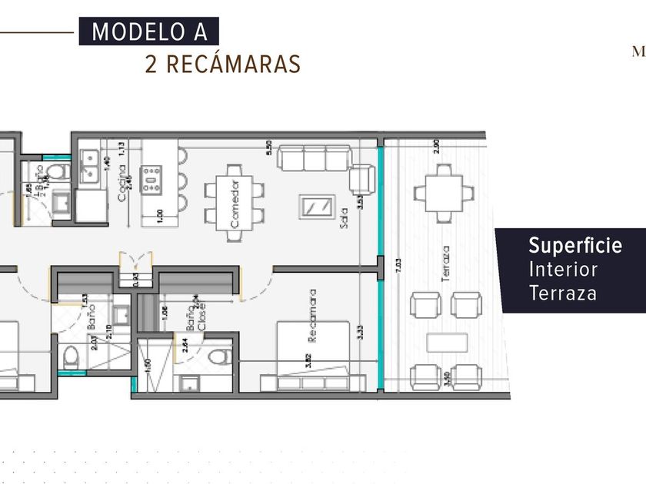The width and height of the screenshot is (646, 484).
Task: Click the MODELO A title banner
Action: pos(149,32)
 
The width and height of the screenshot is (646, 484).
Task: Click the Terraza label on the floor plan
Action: pos(447,264)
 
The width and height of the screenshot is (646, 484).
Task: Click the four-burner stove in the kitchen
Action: pos(151,179)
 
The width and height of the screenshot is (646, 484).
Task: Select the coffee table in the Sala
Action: pos(316,207)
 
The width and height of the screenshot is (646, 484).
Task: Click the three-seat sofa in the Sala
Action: pos(315,157)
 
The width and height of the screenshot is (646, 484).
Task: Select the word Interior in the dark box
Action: pos(563,270)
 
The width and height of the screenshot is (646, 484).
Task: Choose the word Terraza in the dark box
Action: pos(563,293)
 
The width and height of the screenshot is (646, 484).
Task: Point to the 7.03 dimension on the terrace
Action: pos(398,274)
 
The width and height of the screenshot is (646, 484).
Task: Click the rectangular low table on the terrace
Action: pos(447,342)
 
